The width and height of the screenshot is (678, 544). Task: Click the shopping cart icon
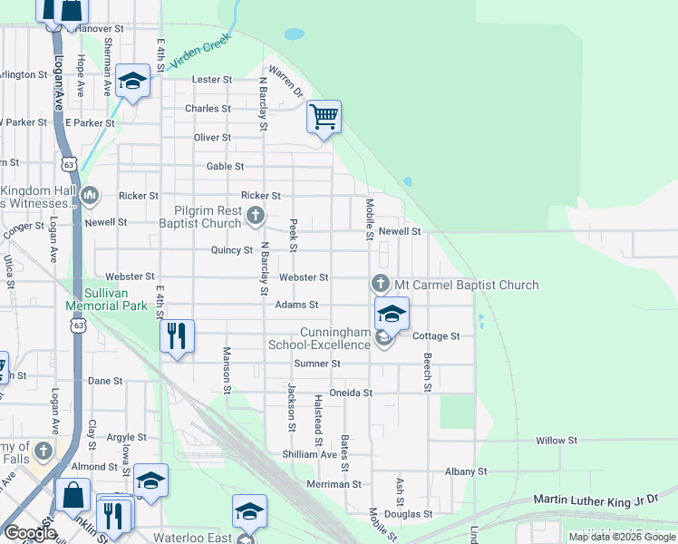324,117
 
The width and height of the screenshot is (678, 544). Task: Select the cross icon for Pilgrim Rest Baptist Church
256,215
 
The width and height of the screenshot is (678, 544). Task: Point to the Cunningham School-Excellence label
319,338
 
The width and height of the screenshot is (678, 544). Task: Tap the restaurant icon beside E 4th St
177,336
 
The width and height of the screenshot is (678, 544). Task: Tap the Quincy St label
231,250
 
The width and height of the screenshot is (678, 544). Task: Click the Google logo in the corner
30,533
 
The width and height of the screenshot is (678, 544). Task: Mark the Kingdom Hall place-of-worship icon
90,195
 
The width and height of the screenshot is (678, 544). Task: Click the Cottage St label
436,336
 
